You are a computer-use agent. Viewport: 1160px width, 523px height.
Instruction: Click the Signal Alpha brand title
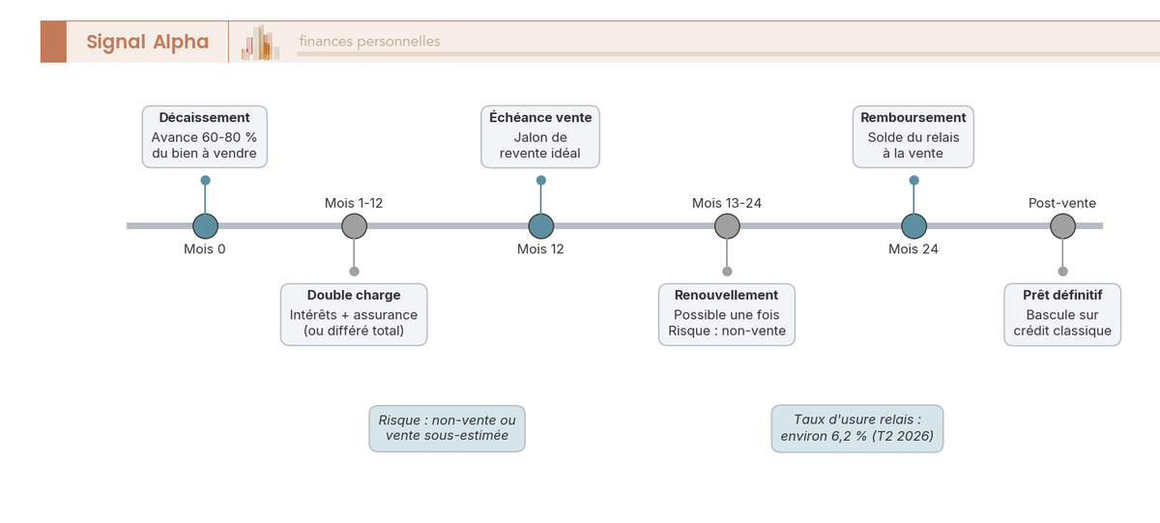pyautogui.click(x=148, y=42)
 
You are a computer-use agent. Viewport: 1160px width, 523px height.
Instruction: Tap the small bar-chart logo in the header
pyautogui.click(x=260, y=43)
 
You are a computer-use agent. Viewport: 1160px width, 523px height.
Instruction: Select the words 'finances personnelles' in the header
pyautogui.click(x=369, y=42)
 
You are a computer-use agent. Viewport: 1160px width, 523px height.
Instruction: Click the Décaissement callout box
pyautogui.click(x=205, y=136)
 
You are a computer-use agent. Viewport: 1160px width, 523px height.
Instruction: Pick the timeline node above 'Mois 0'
pyautogui.click(x=205, y=226)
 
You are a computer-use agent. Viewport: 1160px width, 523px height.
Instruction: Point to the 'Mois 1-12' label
pyautogui.click(x=354, y=203)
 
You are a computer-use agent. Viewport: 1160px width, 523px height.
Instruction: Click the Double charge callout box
pyautogui.click(x=354, y=314)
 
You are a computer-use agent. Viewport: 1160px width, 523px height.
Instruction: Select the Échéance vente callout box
pyautogui.click(x=540, y=136)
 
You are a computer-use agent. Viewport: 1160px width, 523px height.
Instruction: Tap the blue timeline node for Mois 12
pyautogui.click(x=541, y=226)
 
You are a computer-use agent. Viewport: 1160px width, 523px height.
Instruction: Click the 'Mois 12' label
pyautogui.click(x=540, y=249)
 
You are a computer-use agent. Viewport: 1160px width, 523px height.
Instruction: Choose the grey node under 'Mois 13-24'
pyautogui.click(x=727, y=226)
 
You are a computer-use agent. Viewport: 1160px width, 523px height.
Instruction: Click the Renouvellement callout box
pyautogui.click(x=727, y=314)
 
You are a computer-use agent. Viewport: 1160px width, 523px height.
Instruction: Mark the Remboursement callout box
pyautogui.click(x=913, y=136)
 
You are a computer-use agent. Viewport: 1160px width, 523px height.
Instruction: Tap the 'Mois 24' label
pyautogui.click(x=913, y=249)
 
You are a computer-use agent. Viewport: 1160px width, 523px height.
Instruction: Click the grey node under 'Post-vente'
pyautogui.click(x=1062, y=226)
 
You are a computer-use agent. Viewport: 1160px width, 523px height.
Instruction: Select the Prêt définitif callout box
pyautogui.click(x=1062, y=314)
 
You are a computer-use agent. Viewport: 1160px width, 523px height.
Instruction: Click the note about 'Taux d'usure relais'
pyautogui.click(x=857, y=428)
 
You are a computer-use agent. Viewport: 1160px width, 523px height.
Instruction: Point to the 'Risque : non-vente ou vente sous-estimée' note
pyautogui.click(x=447, y=428)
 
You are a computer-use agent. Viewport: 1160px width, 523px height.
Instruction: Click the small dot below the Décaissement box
pyautogui.click(x=206, y=180)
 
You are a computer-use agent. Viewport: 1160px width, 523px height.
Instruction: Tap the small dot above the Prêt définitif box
pyautogui.click(x=1062, y=272)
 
